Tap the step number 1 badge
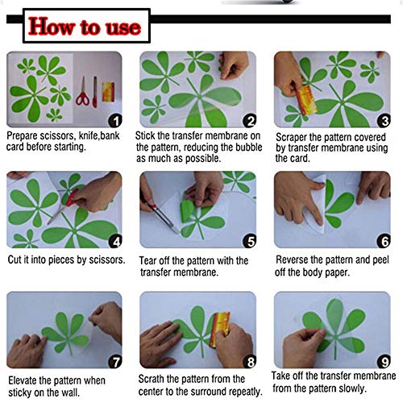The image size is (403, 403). tap(114, 120)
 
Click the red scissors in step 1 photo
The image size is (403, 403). tap(81, 98)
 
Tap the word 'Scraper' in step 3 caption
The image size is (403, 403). tap(294, 136)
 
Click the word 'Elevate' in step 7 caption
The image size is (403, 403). tap(24, 380)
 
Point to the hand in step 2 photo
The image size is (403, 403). tap(234, 64)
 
